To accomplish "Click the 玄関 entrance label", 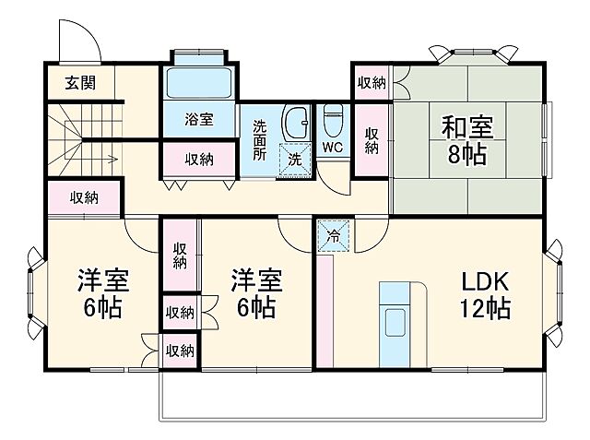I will pos(79,82).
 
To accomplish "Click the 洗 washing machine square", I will pos(295,158).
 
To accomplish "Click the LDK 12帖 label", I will pos(479,293).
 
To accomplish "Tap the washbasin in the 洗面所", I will pos(294,123).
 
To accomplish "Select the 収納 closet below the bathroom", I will pos(199,159).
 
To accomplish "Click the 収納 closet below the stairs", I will pos(84,196).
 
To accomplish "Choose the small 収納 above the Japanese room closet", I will pos(371,82).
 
